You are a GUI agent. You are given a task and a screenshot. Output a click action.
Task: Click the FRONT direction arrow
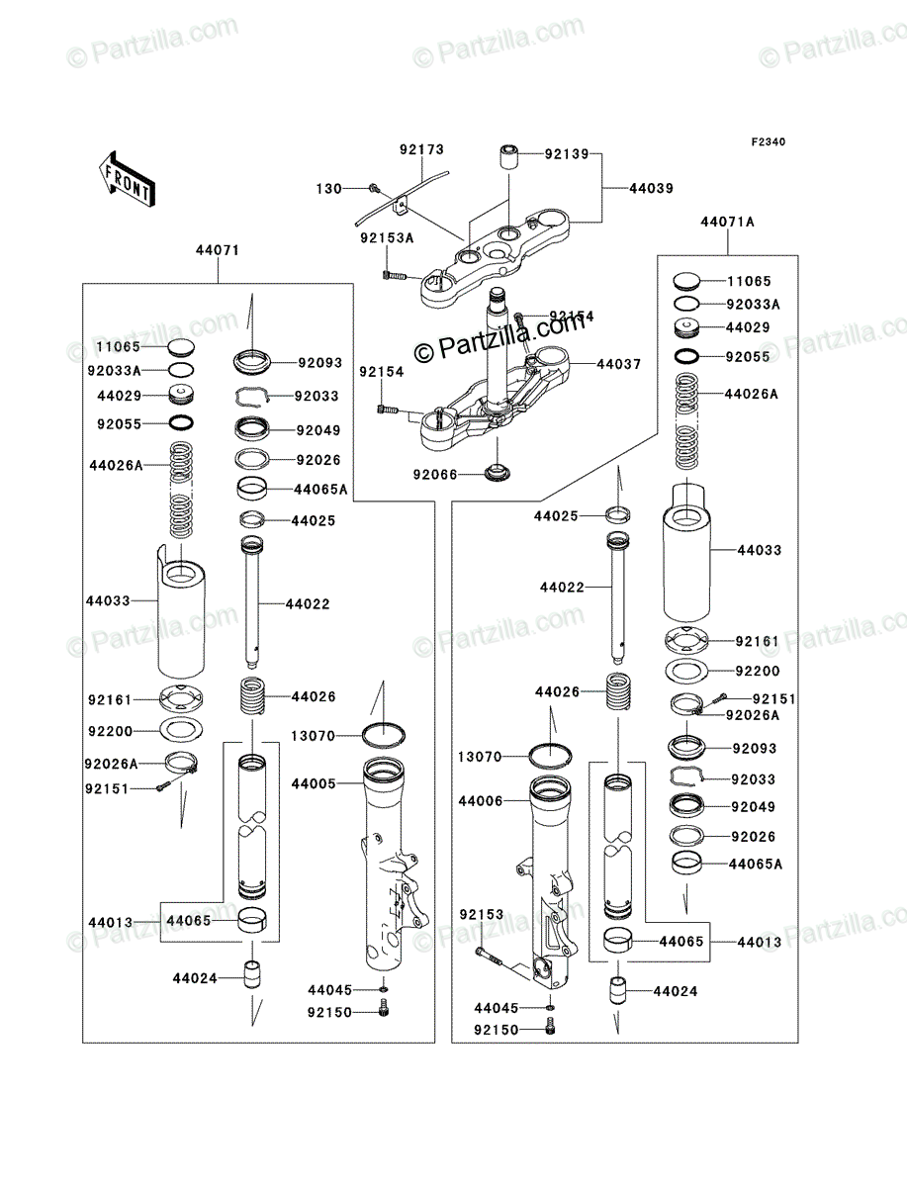[127, 178]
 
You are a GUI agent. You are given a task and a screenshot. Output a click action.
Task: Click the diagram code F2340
[769, 142]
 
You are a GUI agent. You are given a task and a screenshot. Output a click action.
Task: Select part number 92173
[421, 149]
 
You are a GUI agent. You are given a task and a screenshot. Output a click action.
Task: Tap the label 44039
[652, 188]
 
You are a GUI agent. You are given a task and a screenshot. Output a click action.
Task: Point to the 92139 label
[567, 154]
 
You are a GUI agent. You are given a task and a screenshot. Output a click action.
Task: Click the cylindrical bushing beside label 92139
[508, 157]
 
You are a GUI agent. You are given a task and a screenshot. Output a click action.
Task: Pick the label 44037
[619, 364]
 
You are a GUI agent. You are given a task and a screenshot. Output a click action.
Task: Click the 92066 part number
[435, 475]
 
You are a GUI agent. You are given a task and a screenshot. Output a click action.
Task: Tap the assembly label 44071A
[727, 222]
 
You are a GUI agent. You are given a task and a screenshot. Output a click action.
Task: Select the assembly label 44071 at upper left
[218, 250]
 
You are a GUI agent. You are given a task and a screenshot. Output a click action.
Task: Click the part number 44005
[314, 783]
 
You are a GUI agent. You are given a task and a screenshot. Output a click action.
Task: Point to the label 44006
[481, 801]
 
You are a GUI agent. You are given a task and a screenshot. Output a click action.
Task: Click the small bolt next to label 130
[373, 188]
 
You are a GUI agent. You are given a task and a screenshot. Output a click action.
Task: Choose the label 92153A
[387, 238]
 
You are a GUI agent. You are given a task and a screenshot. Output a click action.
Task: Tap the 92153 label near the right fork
[482, 914]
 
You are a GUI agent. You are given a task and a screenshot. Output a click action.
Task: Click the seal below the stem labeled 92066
[498, 472]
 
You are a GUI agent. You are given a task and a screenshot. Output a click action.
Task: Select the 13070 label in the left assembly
[313, 736]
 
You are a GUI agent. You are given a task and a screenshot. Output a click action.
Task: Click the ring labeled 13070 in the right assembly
[550, 756]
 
